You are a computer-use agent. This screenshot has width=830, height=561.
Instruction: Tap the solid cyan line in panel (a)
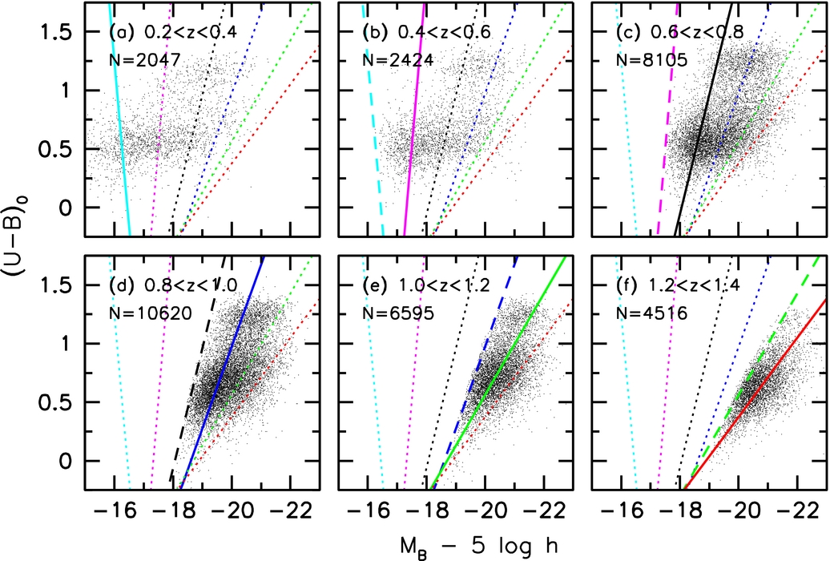[x=120, y=120]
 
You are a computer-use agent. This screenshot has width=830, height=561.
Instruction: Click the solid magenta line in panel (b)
[x=413, y=144]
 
